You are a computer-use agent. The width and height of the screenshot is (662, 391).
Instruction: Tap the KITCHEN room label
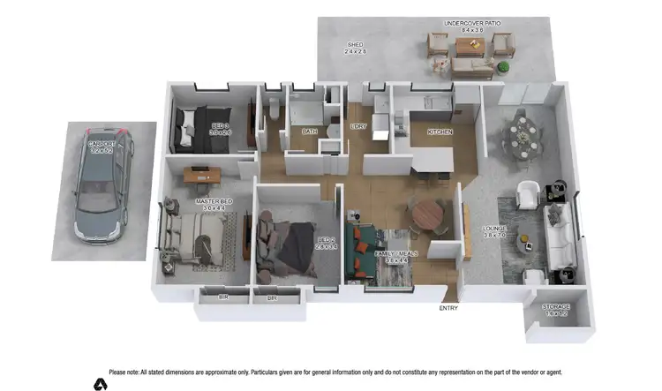coord(440,132)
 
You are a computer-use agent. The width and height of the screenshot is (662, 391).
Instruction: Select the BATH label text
coord(309,132)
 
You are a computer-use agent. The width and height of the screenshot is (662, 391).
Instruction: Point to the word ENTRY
coord(448,309)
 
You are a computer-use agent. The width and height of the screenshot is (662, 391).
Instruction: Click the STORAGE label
coord(556,307)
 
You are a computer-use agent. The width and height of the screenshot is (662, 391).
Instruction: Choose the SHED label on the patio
coord(355,44)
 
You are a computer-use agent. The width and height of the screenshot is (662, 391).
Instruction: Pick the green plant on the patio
coord(503,66)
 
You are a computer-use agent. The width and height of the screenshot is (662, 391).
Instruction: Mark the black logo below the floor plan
coord(101,384)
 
